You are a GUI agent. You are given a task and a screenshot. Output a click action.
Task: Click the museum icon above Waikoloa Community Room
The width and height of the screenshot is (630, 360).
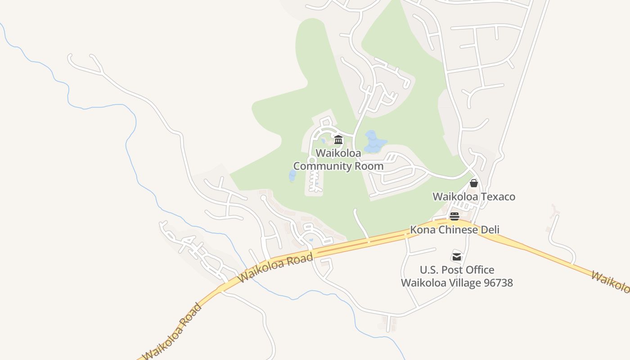(x=338, y=139)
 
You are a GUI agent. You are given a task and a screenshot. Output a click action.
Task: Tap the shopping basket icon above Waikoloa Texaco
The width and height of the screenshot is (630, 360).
(x=473, y=183)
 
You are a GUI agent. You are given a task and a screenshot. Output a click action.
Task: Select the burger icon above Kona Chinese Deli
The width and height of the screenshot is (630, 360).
(x=454, y=216)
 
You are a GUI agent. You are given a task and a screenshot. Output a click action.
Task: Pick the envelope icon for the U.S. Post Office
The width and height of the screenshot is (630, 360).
(x=457, y=256)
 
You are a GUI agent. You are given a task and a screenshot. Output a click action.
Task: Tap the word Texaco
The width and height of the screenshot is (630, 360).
(x=498, y=197)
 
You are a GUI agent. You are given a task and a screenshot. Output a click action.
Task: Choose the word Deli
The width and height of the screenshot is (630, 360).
(x=490, y=230)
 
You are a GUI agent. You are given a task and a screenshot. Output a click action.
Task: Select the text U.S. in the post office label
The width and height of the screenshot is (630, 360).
(x=429, y=270)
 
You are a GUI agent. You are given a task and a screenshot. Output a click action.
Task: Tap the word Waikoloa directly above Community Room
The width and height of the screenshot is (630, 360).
(x=338, y=153)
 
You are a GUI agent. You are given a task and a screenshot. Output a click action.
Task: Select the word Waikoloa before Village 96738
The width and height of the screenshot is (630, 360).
(x=421, y=283)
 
